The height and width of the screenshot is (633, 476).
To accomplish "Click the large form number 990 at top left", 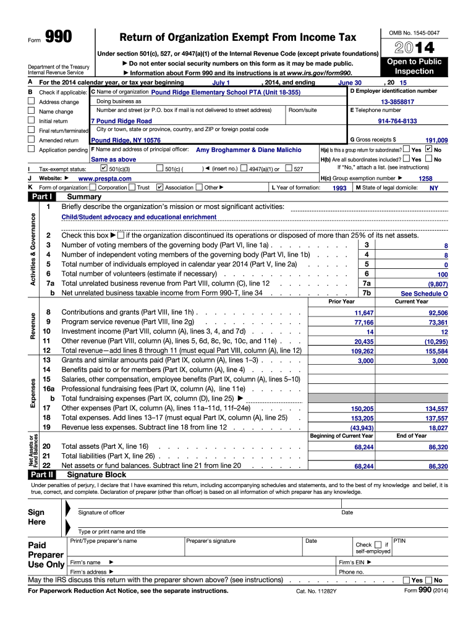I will point(57,39).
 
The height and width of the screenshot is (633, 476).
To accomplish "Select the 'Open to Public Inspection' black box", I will point(414,67).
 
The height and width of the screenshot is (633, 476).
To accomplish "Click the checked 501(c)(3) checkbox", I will point(103,168).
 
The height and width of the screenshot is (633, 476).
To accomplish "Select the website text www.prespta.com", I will point(105,178).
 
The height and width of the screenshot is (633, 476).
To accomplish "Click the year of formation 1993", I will point(339,188).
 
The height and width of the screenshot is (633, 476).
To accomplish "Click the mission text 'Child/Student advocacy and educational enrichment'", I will point(139,217).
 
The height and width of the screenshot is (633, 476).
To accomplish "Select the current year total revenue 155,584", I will point(436,351).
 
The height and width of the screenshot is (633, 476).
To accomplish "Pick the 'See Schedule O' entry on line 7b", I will point(424,294).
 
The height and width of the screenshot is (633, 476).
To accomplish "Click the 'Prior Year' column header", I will point(342,302).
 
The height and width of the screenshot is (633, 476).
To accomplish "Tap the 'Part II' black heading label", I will point(41,475).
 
